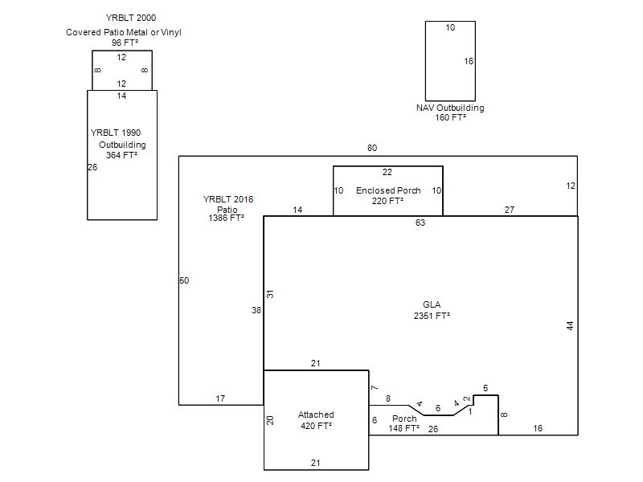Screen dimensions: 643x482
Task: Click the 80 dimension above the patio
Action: [x=372, y=148]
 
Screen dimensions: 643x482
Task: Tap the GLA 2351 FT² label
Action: [x=432, y=310]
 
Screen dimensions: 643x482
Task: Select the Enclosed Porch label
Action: [x=388, y=190]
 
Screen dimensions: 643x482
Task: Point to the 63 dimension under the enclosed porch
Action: [x=420, y=223]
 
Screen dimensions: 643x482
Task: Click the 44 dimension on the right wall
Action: [x=570, y=326]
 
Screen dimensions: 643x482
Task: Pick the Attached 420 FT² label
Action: [x=316, y=420]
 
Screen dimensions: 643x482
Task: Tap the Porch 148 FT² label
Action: [x=404, y=423]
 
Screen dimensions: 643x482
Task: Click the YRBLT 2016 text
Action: [x=228, y=199]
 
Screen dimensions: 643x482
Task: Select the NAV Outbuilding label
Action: [x=450, y=108]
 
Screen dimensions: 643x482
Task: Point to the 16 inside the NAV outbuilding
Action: [x=469, y=62]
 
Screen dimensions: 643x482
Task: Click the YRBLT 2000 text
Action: [x=131, y=18]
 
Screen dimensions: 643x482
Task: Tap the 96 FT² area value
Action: [x=125, y=43]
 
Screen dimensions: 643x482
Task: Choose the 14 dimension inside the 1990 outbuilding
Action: [x=121, y=96]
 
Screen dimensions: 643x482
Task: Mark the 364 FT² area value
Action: [x=122, y=155]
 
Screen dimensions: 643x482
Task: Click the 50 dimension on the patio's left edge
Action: [x=184, y=280]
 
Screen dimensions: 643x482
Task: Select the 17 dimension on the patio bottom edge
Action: [x=220, y=398]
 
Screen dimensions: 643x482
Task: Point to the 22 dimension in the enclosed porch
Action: [x=387, y=172]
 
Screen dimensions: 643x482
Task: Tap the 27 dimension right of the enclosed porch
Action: [x=510, y=210]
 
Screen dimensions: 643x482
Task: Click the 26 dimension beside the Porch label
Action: [x=433, y=429]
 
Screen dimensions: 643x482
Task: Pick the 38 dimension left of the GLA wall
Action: [x=256, y=310]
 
